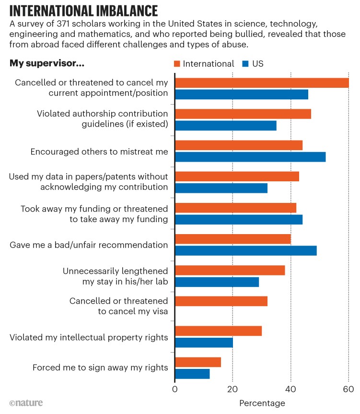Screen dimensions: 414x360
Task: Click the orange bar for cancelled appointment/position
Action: [x=262, y=83]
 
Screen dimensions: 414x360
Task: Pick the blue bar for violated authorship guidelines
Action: [x=226, y=126]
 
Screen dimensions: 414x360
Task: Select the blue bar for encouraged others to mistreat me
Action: [x=250, y=156]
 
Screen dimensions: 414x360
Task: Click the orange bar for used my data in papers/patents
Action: [x=237, y=176]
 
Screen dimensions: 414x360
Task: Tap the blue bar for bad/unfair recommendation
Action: [x=246, y=250]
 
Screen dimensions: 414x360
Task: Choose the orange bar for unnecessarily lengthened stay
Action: [x=230, y=270]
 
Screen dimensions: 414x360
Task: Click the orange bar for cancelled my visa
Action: [x=221, y=301]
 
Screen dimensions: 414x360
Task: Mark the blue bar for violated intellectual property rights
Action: [x=204, y=342]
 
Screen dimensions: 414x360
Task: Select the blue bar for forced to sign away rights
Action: [x=192, y=373]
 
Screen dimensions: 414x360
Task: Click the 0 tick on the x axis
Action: [x=175, y=389]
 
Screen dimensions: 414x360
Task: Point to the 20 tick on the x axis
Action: [x=233, y=389]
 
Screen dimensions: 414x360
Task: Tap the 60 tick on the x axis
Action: [x=348, y=389]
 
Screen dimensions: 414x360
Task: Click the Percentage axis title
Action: [x=262, y=403]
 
